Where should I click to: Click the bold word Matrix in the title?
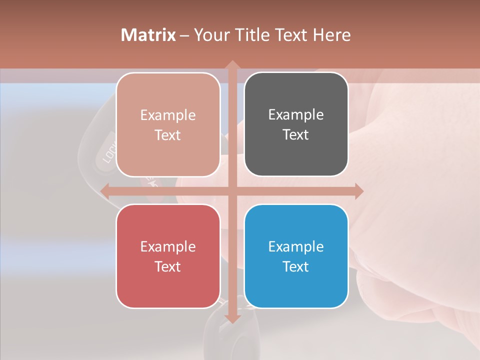[148, 35]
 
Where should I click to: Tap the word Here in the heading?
[331, 35]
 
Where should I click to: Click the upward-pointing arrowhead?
[232, 65]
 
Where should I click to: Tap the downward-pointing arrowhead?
[232, 318]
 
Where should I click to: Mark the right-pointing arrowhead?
[358, 191]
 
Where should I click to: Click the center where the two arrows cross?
[232, 191]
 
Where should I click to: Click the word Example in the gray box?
[296, 114]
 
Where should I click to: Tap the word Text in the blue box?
[296, 266]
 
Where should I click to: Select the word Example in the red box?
[168, 246]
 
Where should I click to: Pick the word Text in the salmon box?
[168, 135]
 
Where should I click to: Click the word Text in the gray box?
[296, 135]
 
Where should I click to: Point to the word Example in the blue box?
[296, 246]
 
